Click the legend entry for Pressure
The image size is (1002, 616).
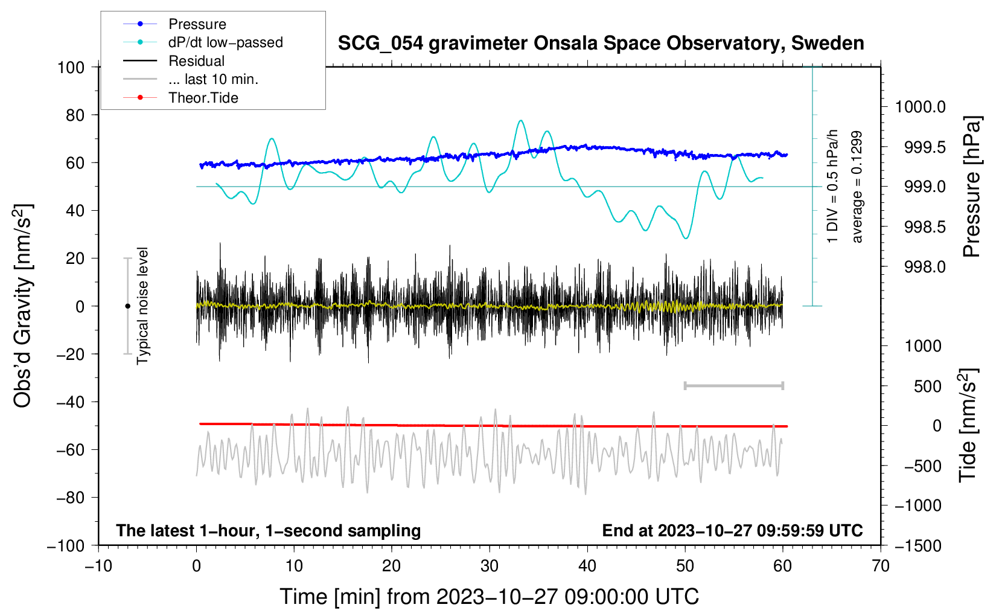click(x=175, y=24)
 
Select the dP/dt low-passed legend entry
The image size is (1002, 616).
click(x=203, y=42)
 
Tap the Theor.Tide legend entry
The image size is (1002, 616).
click(x=180, y=98)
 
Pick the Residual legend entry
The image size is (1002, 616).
click(x=174, y=61)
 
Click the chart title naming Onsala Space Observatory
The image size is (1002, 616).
click(x=601, y=43)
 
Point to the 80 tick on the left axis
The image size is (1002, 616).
click(x=75, y=115)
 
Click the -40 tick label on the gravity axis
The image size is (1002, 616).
click(x=70, y=402)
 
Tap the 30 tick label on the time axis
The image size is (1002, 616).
click(x=490, y=566)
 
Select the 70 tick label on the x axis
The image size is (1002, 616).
click(x=880, y=566)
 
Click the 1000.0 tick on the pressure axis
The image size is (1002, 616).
click(x=920, y=107)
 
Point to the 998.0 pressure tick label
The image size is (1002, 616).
click(x=925, y=267)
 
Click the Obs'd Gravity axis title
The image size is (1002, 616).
click(x=23, y=306)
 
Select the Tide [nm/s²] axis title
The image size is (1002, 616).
click(x=968, y=425)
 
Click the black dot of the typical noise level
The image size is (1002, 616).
click(x=127, y=306)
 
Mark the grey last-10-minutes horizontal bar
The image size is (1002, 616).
click(x=733, y=385)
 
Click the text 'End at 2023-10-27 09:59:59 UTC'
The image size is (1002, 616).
click(x=732, y=530)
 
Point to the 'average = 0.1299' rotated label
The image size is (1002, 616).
click(x=857, y=187)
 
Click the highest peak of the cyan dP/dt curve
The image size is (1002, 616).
click(x=520, y=120)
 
